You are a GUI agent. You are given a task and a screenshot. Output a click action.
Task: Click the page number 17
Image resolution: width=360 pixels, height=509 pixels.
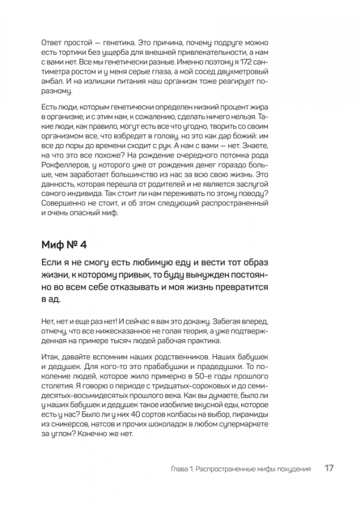coord(329,469)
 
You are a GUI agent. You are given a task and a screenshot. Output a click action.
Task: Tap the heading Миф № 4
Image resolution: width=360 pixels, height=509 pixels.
coord(61,245)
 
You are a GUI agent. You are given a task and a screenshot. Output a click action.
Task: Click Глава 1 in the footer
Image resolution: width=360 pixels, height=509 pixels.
coord(181,469)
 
